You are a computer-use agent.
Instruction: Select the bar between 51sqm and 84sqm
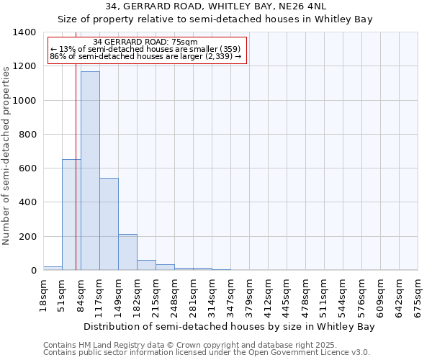71,215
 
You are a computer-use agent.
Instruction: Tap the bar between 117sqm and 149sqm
109,224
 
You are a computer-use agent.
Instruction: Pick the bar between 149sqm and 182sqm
127,252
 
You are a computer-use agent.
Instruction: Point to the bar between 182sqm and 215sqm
146,265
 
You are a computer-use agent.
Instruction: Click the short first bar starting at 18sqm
53,268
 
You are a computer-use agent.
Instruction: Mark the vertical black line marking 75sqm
76,144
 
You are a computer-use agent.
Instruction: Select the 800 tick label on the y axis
27,135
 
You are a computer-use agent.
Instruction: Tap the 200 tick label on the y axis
27,237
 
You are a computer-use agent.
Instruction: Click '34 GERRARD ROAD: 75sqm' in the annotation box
145,42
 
